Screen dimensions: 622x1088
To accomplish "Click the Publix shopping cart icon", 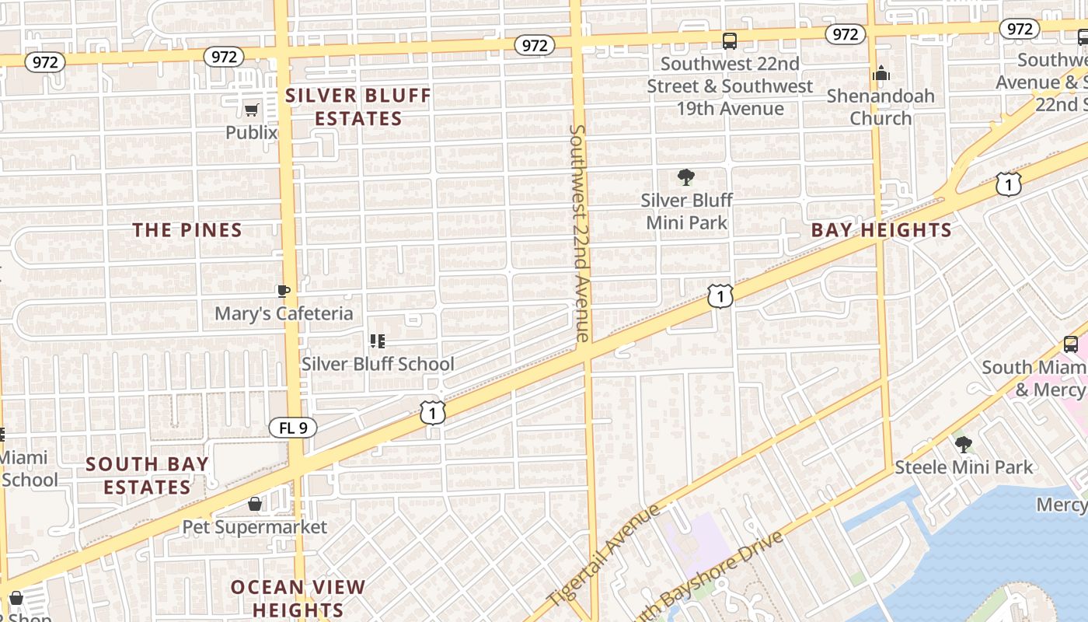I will pos(251,110).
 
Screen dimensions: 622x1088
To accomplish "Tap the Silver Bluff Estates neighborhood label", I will pos(358,107).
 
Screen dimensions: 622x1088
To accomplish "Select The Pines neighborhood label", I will pos(187,230).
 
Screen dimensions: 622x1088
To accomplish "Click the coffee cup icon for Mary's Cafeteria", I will pos(284,291).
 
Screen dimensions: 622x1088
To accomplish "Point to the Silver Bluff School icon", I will pos(378,341).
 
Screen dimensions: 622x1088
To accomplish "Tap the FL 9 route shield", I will pos(293,428).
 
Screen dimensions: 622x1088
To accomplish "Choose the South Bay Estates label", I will pos(147,476).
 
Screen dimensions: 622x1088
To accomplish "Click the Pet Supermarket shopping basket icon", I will pos(255,505).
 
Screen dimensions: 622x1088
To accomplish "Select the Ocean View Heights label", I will pos(298,598).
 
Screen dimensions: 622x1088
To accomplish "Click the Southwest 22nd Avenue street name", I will pos(580,233).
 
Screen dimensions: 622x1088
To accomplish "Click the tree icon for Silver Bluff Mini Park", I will pos(685,177).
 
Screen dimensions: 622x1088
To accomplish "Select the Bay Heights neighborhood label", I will pos(881,230).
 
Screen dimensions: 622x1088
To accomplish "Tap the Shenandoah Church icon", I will pos(881,73).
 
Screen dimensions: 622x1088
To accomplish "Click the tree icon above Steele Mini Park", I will pos(964,445).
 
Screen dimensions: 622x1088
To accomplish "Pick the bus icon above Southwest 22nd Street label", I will pos(729,40).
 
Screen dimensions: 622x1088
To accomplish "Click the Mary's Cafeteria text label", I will pos(284,313).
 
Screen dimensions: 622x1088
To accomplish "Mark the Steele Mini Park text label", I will pos(964,467).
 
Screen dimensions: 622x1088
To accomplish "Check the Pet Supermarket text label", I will pos(255,527).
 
